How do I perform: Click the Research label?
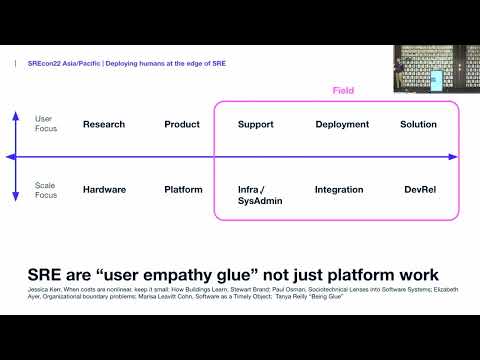tap(104, 125)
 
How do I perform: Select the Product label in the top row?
tap(184, 125)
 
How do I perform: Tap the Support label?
tap(256, 125)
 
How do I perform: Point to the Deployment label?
tap(343, 125)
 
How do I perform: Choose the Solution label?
tap(418, 125)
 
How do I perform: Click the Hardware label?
tap(104, 189)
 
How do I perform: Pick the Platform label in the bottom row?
tap(184, 189)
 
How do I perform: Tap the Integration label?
tap(339, 189)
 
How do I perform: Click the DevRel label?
tap(418, 189)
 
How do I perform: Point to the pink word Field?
tap(343, 91)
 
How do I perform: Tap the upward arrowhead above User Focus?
tap(15, 115)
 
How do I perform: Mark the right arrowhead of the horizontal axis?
tap(453, 157)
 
